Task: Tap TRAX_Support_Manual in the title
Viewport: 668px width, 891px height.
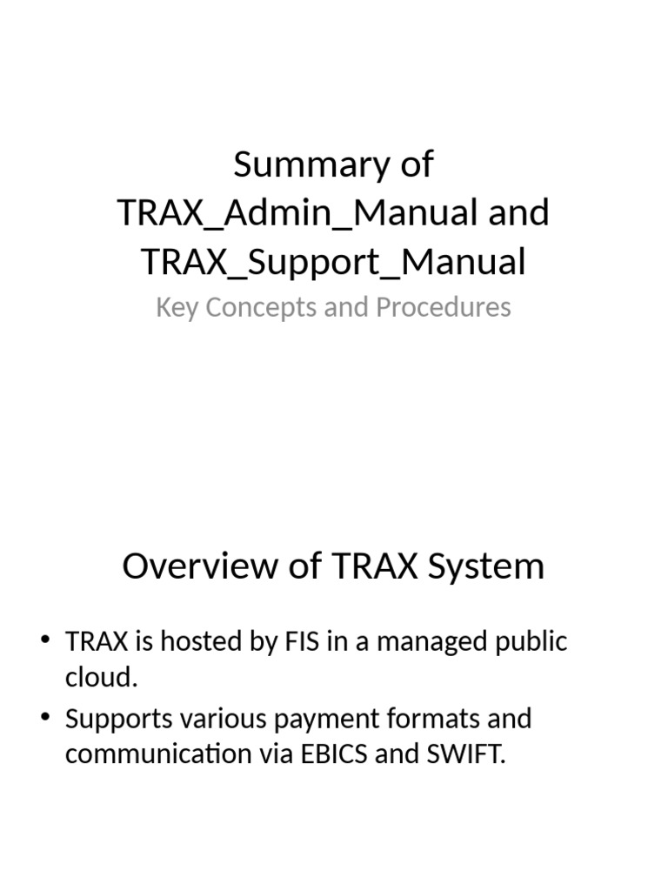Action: (x=334, y=262)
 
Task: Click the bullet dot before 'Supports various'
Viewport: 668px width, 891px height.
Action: (x=45, y=720)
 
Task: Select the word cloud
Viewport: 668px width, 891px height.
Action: (x=100, y=678)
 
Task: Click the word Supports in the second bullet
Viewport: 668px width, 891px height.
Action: (x=119, y=720)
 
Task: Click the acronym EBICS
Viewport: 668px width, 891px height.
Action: (x=335, y=754)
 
